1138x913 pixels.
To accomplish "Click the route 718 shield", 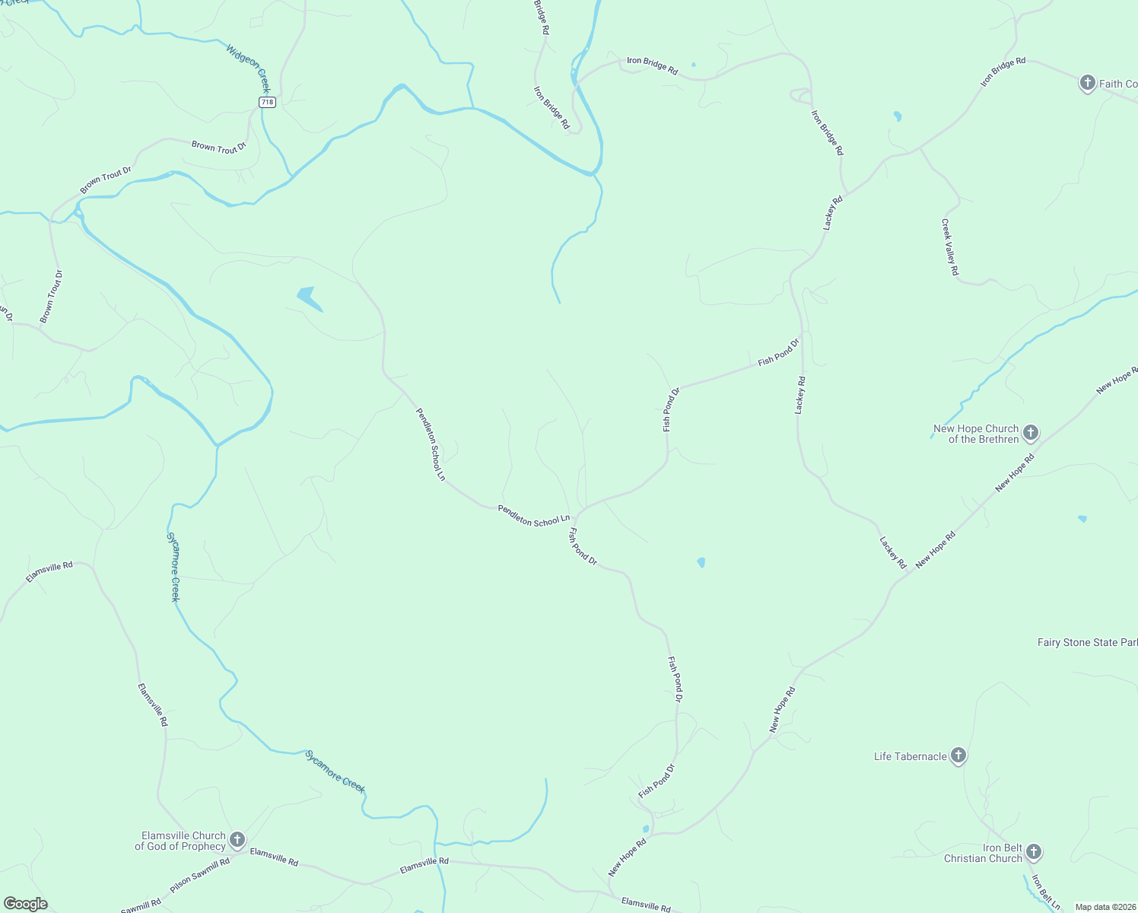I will [266, 102].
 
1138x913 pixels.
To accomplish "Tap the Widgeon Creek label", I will [248, 68].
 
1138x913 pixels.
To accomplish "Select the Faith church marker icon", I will [1088, 82].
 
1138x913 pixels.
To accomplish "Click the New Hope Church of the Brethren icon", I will [1030, 433].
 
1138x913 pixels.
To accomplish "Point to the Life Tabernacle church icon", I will [958, 756].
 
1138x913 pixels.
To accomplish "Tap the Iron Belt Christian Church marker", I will [1033, 851].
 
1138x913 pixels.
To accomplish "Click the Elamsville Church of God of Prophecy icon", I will [237, 839].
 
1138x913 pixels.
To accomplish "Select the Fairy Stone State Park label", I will [1087, 643].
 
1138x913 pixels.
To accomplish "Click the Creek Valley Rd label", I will [950, 247].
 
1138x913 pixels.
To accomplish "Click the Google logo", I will [26, 904].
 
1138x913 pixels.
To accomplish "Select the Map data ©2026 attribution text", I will [1105, 907].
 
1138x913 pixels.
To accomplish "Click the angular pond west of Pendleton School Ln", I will [309, 297].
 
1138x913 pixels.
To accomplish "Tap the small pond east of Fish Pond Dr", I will [701, 563].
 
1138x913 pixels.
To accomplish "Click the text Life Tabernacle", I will [911, 756].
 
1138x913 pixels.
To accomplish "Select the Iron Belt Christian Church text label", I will [984, 853].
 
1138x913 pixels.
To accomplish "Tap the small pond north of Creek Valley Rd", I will [898, 116].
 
